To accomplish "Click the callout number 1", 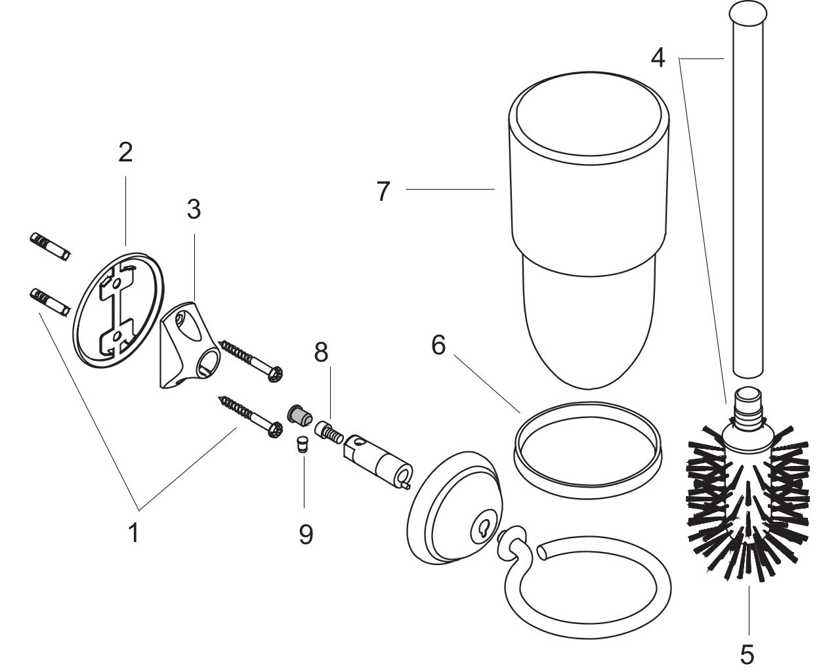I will tap(134, 532).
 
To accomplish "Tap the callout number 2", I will tap(125, 152).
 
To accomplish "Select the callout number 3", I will tap(193, 210).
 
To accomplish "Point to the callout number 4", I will tap(658, 58).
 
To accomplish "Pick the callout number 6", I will tap(438, 345).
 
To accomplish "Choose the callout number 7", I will tap(384, 192).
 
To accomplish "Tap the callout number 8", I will tap(320, 352).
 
